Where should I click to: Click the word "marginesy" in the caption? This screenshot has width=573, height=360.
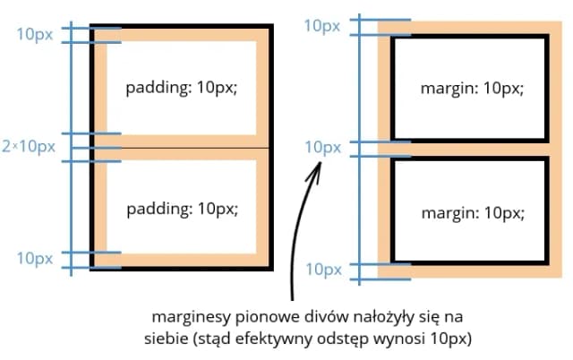(x=191, y=317)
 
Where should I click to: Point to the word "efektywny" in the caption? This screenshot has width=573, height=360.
(x=274, y=339)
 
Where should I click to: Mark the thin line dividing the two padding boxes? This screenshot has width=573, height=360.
(x=182, y=148)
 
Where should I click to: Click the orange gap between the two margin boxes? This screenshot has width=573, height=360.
(x=469, y=150)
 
